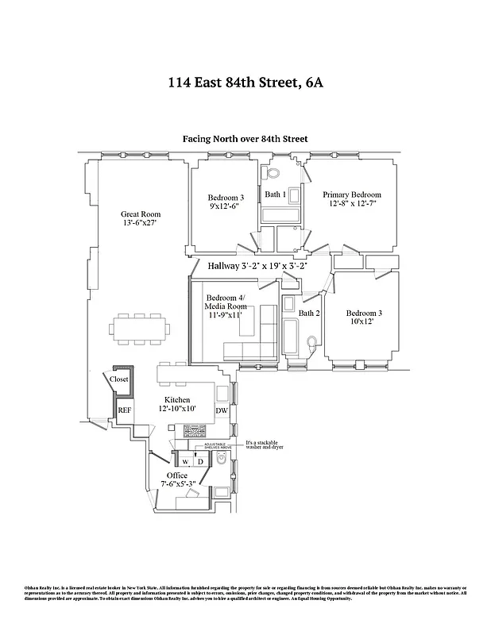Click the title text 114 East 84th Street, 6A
[x=246, y=82]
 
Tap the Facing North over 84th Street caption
[x=246, y=139]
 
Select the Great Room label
[x=141, y=214]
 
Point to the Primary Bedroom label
[x=351, y=195]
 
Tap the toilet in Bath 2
[x=315, y=342]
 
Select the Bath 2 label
[x=308, y=313]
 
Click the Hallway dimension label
[x=257, y=266]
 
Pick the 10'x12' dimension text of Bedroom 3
[x=360, y=321]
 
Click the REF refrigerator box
[x=124, y=410]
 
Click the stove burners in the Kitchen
[x=195, y=432]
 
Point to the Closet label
[x=119, y=380]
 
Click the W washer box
[x=184, y=460]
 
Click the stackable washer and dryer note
[x=265, y=445]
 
